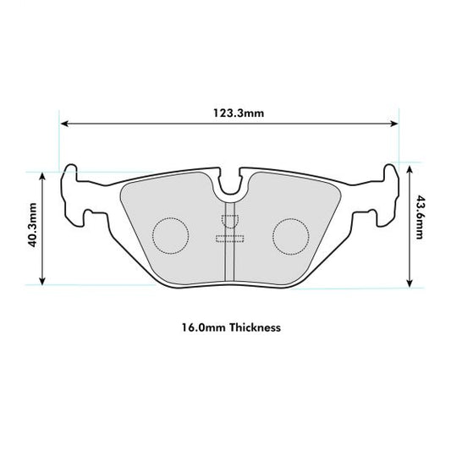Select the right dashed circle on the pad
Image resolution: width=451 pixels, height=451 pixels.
point(292,234)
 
